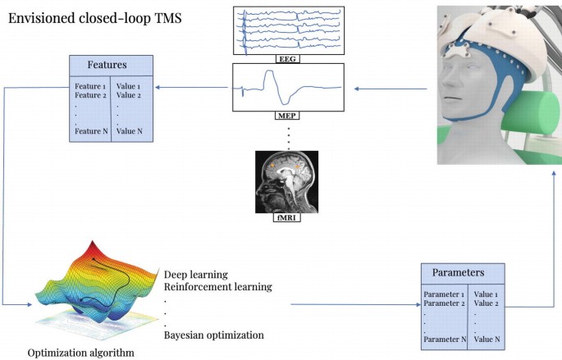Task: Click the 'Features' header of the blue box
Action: (x=110, y=63)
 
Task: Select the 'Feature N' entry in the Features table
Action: (x=90, y=131)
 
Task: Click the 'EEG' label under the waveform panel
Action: (x=287, y=60)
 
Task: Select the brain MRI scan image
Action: (x=287, y=183)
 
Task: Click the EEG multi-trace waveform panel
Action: (x=287, y=30)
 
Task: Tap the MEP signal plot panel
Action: (x=287, y=89)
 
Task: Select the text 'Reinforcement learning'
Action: (x=217, y=287)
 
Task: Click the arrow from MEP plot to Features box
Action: (x=193, y=87)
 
